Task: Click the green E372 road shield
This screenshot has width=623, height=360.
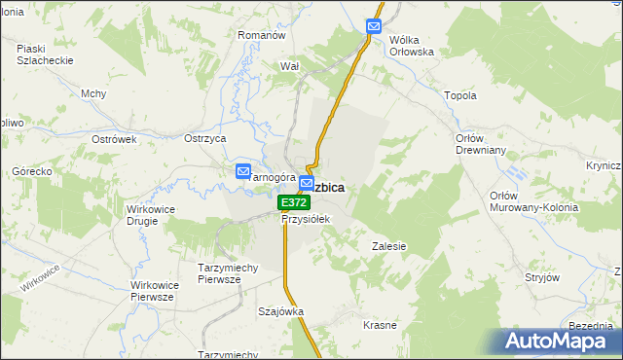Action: coord(293,202)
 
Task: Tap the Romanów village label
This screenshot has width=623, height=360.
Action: coord(261,35)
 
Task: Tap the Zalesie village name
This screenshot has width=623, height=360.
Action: coord(388,246)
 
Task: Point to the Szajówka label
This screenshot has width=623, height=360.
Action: coord(280,312)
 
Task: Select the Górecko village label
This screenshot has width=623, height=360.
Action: coord(31,171)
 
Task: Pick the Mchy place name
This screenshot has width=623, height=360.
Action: coord(93,93)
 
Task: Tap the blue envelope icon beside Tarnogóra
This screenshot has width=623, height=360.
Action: coord(243,172)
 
